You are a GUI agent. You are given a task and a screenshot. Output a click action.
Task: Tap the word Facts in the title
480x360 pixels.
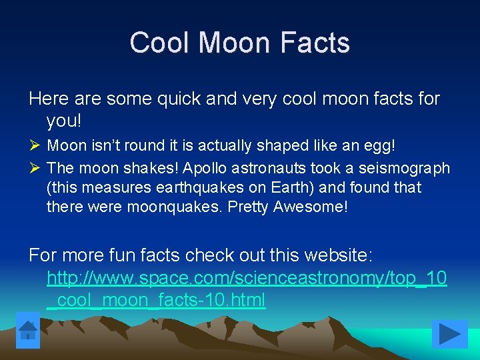315,43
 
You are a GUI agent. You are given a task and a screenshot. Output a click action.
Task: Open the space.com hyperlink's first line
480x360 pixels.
247,277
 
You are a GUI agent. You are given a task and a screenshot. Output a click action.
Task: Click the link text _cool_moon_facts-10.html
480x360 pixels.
156,300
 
